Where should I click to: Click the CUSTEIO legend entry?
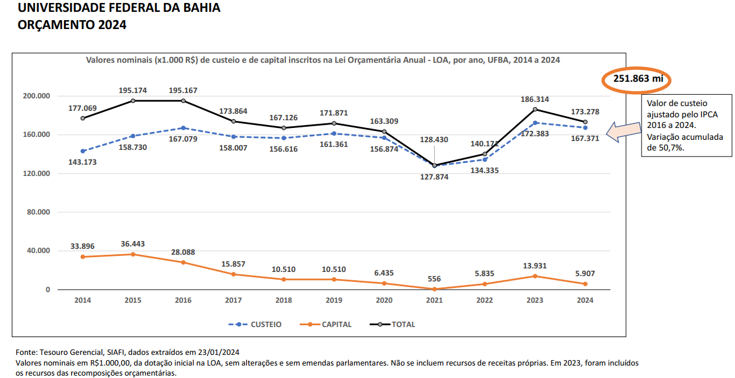click(255, 325)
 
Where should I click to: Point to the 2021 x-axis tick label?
click(434, 300)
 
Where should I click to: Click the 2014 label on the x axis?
click(82, 300)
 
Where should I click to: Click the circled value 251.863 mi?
click(637, 79)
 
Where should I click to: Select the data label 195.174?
click(132, 91)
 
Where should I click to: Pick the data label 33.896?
click(82, 246)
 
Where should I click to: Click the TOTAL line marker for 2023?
click(535, 110)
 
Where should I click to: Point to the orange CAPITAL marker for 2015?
click(133, 254)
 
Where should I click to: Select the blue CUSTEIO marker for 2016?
click(183, 128)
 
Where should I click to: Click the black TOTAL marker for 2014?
click(82, 118)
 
